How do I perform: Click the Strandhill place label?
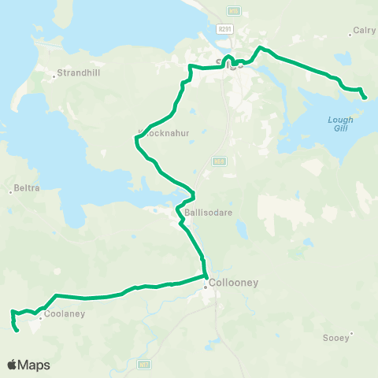(76, 76)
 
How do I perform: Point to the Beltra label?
(28, 189)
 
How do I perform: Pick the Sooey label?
(336, 338)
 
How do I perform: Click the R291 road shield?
(225, 28)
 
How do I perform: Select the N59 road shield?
(218, 161)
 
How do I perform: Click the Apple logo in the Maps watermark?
(13, 365)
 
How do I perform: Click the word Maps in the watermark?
(35, 365)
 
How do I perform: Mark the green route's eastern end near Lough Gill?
(365, 98)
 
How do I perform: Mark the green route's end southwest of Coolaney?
(17, 331)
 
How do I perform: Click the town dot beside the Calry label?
(350, 35)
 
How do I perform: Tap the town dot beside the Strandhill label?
(54, 76)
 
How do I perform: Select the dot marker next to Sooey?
(350, 333)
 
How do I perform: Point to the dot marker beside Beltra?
(10, 189)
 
